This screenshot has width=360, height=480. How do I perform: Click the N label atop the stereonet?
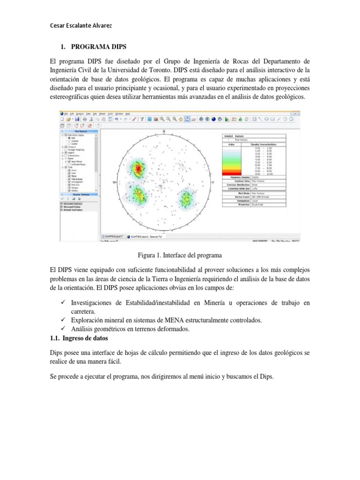coord(164,131)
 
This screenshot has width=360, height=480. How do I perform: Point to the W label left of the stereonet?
coord(114,182)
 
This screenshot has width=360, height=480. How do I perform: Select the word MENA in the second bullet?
coord(165,320)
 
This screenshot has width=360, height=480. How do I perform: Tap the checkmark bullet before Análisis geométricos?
coord(64,329)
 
